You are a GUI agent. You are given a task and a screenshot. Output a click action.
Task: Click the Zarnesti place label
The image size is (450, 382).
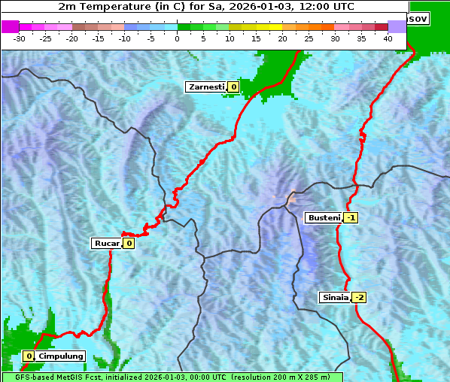click(206, 87)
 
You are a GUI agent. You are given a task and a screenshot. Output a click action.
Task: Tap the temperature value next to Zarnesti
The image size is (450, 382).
click(233, 87)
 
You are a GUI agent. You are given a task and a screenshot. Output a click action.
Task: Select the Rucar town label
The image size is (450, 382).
click(107, 243)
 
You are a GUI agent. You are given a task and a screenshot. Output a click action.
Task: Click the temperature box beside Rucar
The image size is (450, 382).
click(129, 243)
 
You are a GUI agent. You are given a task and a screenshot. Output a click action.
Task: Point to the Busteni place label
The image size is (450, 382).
click(324, 218)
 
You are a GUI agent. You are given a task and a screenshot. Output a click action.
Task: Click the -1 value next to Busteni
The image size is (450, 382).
click(351, 218)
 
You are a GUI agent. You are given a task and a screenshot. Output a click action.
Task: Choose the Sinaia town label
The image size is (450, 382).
click(335, 297)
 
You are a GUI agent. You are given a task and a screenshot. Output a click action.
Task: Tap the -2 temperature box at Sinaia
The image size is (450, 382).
click(359, 297)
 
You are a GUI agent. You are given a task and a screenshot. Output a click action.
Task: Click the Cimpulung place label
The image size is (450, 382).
click(60, 356)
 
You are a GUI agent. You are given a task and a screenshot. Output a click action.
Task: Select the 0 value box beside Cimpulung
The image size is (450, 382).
click(29, 356)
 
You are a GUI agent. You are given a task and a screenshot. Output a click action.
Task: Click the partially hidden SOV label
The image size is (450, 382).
click(418, 18)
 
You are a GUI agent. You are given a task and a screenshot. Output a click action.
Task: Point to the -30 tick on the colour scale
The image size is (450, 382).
click(20, 38)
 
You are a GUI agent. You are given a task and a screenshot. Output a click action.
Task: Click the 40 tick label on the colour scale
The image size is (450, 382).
click(388, 38)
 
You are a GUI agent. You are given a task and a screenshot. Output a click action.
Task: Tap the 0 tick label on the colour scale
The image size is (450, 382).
click(178, 38)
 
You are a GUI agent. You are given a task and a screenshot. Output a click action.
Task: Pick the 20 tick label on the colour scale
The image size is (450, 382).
click(282, 38)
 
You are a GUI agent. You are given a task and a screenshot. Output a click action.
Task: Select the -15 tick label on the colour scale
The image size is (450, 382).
click(99, 38)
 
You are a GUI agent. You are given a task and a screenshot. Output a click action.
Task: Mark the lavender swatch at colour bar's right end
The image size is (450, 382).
click(397, 26)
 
